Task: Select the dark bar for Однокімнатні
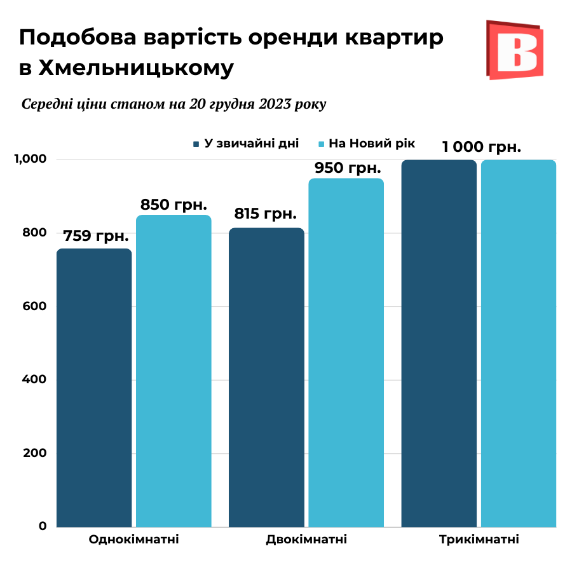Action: pyautogui.click(x=94, y=388)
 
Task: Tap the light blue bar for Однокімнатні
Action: pyautogui.click(x=174, y=372)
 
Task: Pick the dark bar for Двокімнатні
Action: pyautogui.click(x=266, y=378)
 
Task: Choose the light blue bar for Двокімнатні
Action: pyautogui.click(x=346, y=353)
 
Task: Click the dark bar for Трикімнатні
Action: pyautogui.click(x=439, y=343)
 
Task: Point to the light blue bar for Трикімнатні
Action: pyautogui.click(x=519, y=343)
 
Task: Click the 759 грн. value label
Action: pyautogui.click(x=95, y=237)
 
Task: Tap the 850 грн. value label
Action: pyautogui.click(x=174, y=205)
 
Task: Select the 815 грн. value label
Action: pyautogui.click(x=266, y=214)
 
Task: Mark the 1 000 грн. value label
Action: pyautogui.click(x=482, y=147)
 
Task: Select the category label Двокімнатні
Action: pyautogui.click(x=306, y=540)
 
